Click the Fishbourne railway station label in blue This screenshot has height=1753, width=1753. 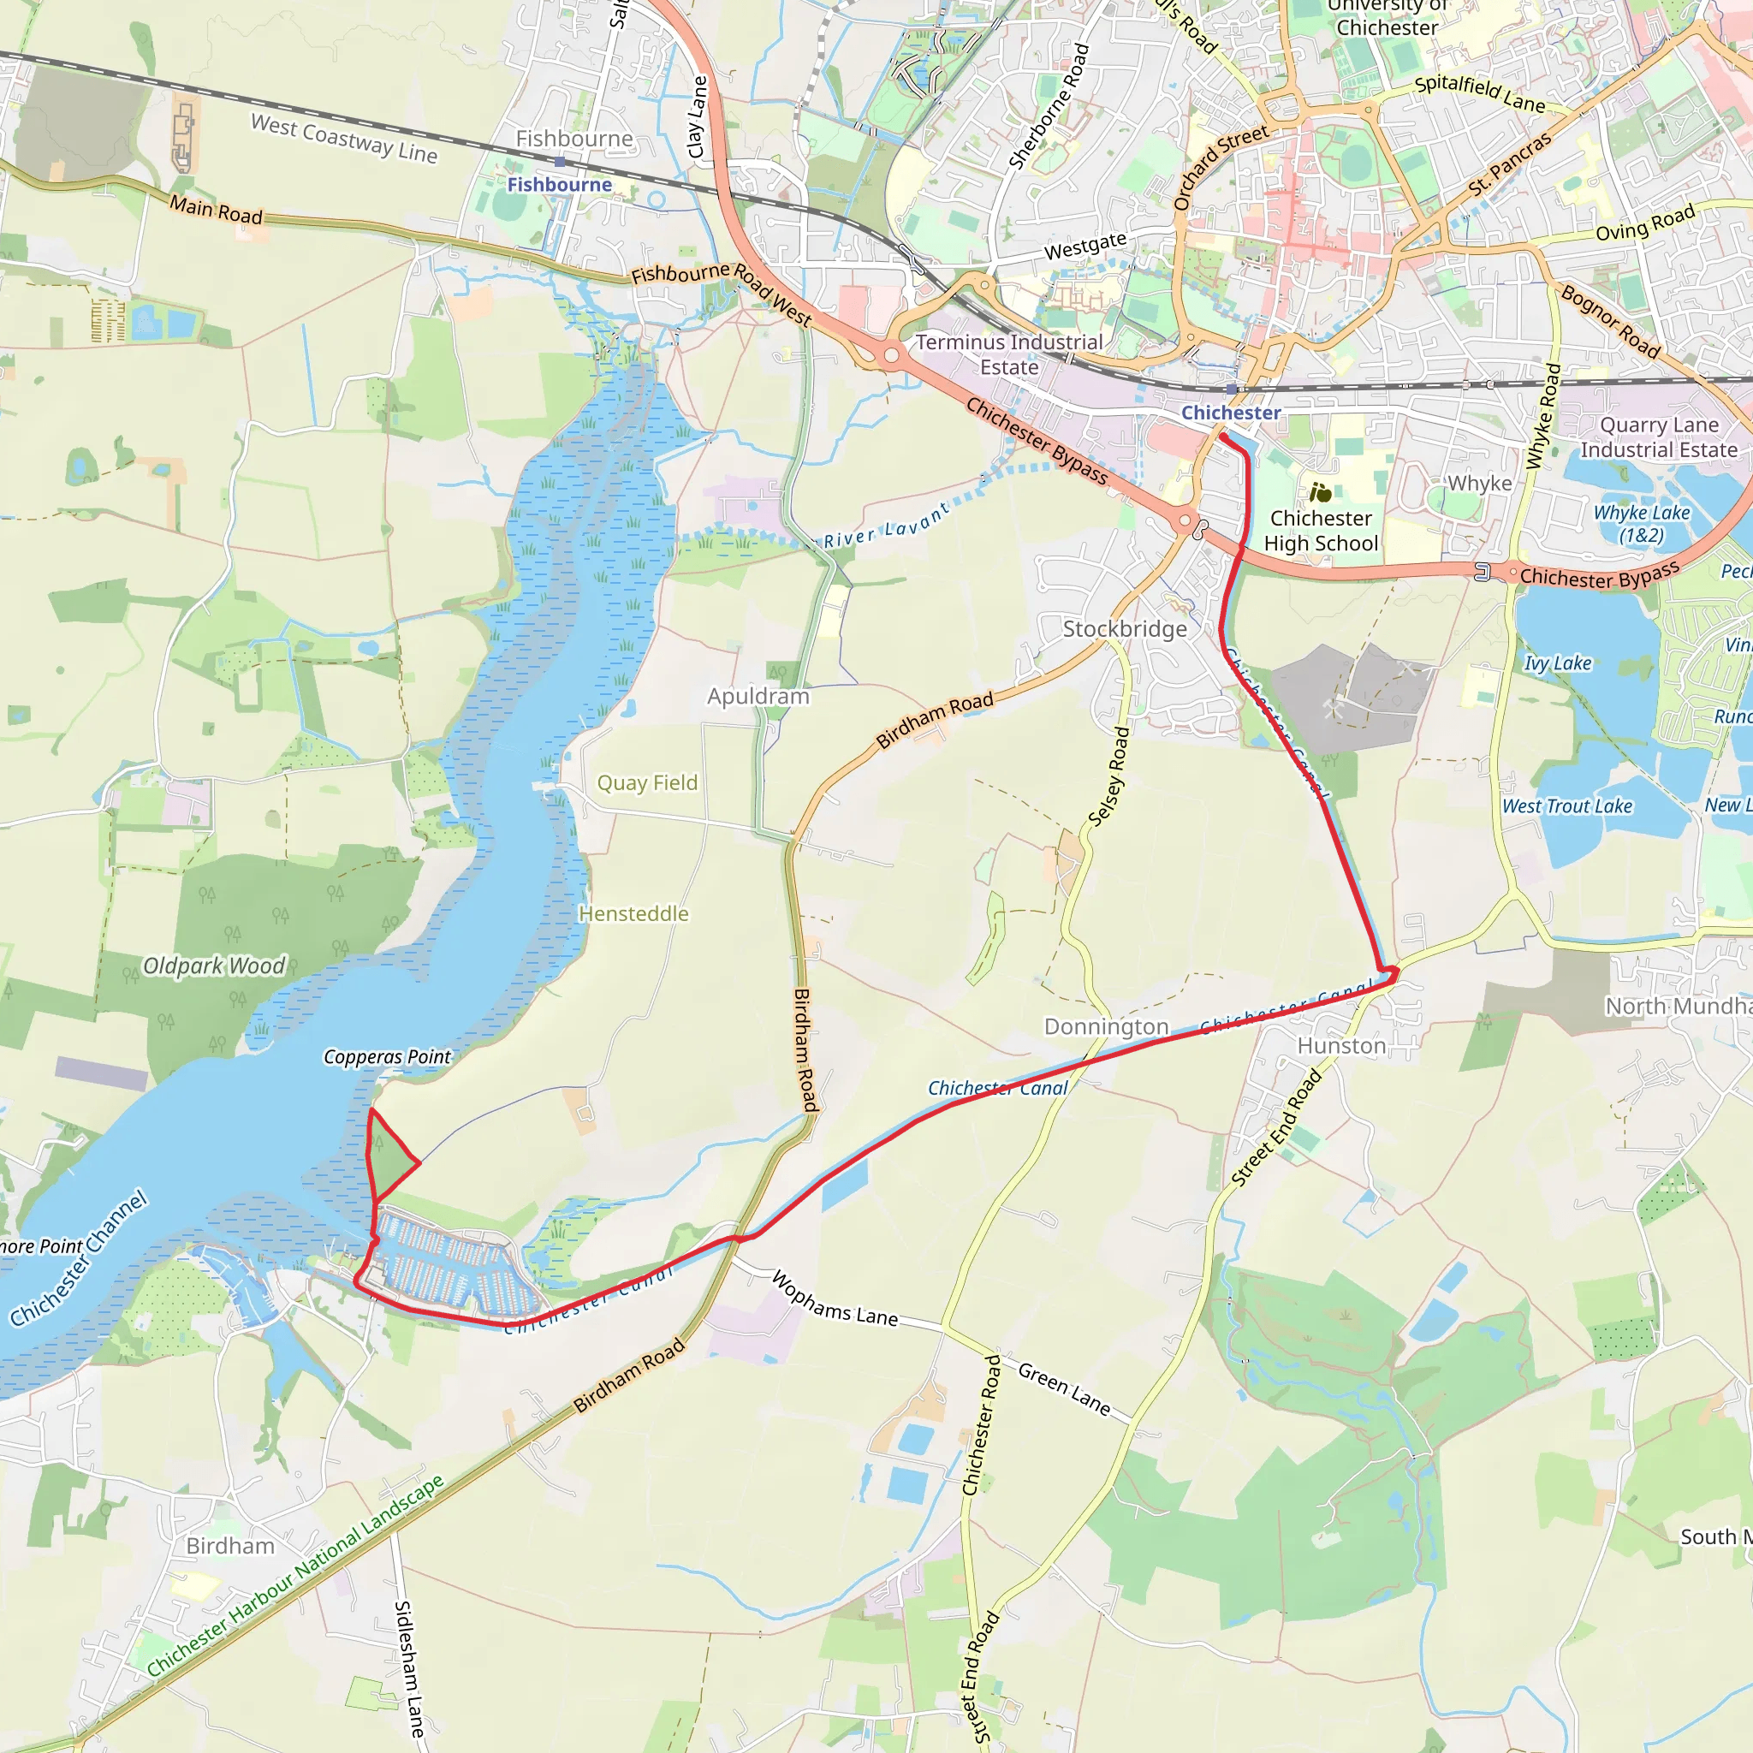[x=559, y=185]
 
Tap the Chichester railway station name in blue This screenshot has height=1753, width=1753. [x=1230, y=413]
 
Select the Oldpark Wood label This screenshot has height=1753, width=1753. [x=214, y=966]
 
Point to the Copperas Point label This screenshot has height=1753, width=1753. [x=388, y=1057]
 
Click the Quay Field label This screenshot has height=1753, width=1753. [x=647, y=783]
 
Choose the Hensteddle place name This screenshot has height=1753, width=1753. [x=633, y=913]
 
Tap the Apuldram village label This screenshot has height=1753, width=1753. [x=758, y=696]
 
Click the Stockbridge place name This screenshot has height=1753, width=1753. [x=1124, y=629]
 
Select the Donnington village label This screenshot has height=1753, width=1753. [x=1106, y=1026]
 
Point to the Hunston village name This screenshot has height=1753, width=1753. [x=1341, y=1046]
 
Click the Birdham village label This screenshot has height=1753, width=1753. [x=230, y=1546]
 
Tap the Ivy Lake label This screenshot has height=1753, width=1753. [x=1557, y=663]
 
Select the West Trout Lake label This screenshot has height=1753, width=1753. [x=1567, y=805]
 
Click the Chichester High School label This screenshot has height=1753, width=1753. [x=1320, y=531]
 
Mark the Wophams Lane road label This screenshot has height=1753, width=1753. [x=835, y=1298]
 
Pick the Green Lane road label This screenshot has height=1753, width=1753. [x=1064, y=1389]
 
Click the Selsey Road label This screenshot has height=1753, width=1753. [x=1108, y=776]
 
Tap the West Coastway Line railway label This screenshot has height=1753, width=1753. [x=344, y=139]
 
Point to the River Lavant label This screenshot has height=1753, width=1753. [x=887, y=526]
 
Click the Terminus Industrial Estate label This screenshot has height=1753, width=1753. [x=1009, y=354]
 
